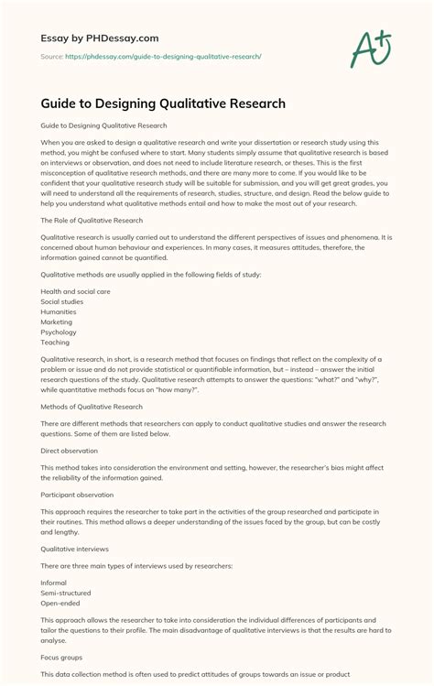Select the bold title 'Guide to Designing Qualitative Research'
163,103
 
